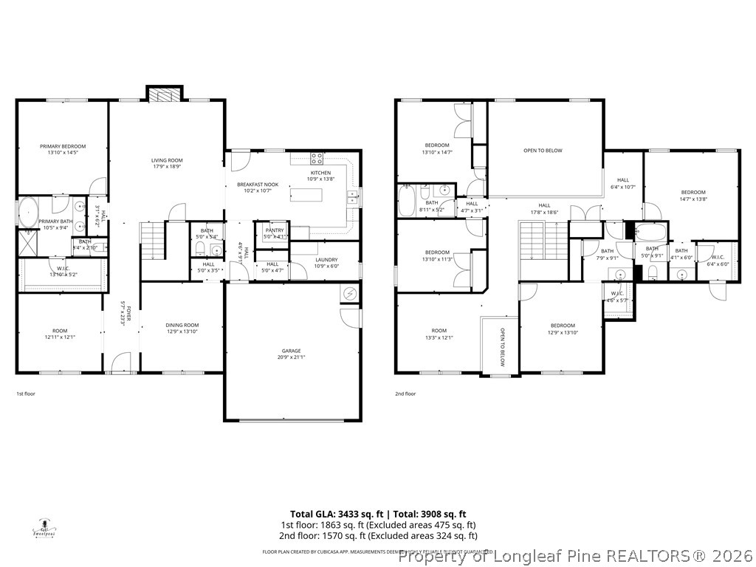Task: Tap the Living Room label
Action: tap(167, 160)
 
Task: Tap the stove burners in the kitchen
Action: tap(317, 157)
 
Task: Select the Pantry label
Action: tap(275, 230)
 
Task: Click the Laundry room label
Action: tap(326, 259)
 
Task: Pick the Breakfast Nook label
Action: tap(257, 184)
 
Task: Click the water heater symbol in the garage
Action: tap(349, 294)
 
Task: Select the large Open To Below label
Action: tap(543, 151)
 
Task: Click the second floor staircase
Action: tap(535, 240)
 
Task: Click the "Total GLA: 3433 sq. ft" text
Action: tap(336, 514)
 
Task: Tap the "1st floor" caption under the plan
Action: tap(26, 394)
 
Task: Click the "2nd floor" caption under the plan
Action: tap(405, 394)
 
